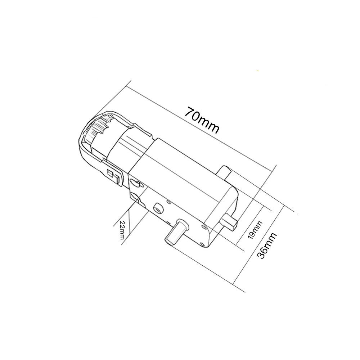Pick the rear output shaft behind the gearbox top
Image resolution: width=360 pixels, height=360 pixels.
click(225, 172)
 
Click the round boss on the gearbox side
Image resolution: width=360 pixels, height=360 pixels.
click(157, 208)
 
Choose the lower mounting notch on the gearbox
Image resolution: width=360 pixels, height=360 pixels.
click(136, 197)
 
